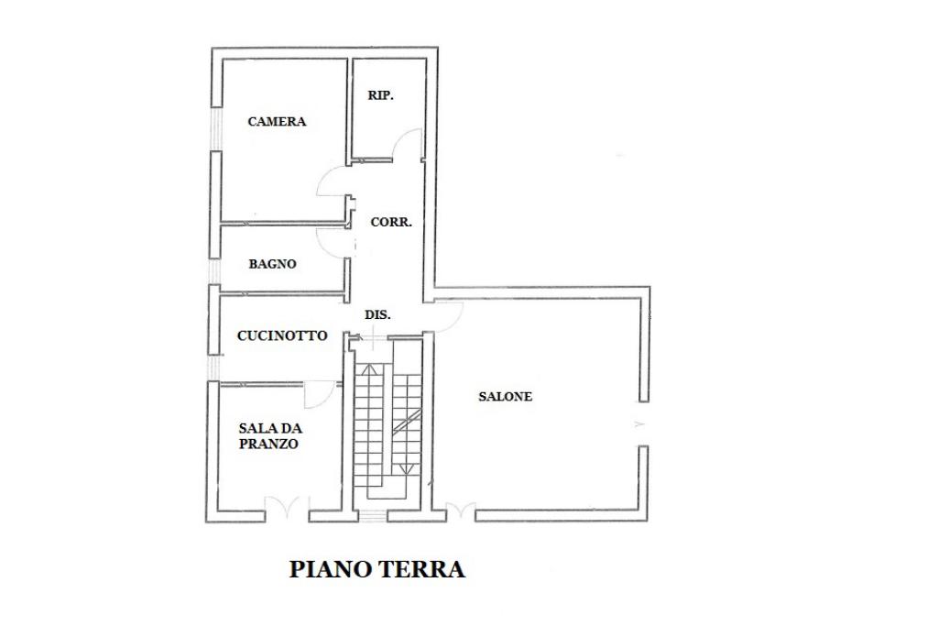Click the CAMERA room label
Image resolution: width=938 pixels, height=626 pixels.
277,121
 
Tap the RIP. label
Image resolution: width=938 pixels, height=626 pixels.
380,95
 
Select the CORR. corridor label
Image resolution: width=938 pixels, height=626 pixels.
391,222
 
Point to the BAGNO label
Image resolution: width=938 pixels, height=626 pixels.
272,264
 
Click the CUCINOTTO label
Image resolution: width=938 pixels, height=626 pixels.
282,335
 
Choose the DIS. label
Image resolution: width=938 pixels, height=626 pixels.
377,314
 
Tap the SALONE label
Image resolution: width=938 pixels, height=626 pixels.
505,397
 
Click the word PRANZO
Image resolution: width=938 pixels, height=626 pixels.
268,444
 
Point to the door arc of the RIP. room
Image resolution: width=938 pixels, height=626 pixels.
409,142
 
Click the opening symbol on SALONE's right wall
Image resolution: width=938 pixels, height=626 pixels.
639,424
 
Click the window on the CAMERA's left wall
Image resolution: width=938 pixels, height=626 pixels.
216,128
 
